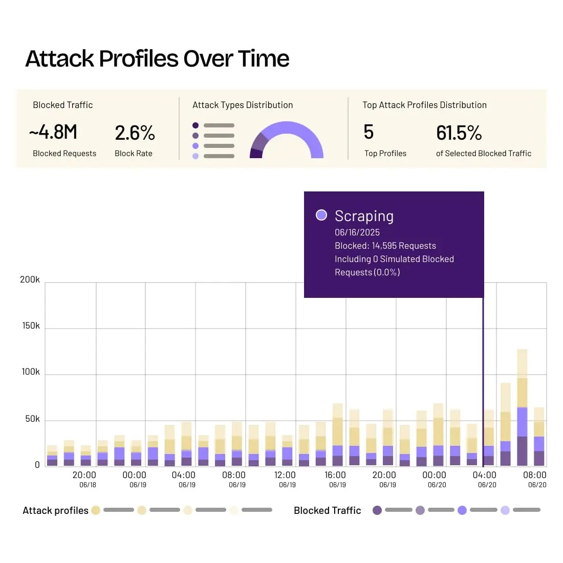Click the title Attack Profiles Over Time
(157, 59)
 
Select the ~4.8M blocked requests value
(53, 133)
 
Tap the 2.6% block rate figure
(135, 133)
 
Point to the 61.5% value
(459, 133)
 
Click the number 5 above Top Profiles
(369, 132)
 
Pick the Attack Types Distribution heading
(243, 105)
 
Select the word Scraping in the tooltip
(364, 216)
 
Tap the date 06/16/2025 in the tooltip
(357, 232)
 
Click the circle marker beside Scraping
(321, 215)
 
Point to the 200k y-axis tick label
(30, 279)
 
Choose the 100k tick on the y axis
(30, 372)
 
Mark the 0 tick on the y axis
(37, 465)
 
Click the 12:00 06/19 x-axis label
(285, 479)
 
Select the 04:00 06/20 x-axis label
(484, 479)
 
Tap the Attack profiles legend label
(55, 510)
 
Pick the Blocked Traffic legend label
(328, 510)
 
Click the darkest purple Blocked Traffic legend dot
(377, 510)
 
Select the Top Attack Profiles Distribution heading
(424, 105)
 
